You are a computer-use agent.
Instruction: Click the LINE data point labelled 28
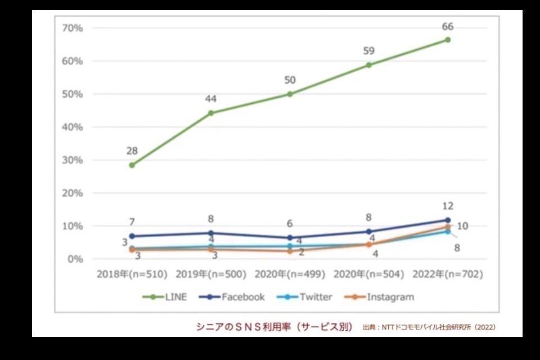pyautogui.click(x=132, y=165)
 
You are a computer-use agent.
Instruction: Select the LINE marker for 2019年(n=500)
pyautogui.click(x=210, y=113)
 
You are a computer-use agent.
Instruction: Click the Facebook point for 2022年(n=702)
pyautogui.click(x=448, y=220)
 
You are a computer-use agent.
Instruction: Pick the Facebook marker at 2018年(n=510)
pyautogui.click(x=132, y=236)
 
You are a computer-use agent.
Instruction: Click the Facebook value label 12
pyautogui.click(x=448, y=206)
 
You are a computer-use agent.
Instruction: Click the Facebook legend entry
pyautogui.click(x=233, y=297)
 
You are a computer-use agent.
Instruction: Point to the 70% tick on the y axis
pyautogui.click(x=72, y=28)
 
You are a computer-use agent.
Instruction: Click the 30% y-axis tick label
pyautogui.click(x=72, y=160)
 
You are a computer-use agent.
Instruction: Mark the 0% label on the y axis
pyautogui.click(x=74, y=259)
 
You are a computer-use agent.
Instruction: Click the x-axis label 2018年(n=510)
pyautogui.click(x=132, y=274)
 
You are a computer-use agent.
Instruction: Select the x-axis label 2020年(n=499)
pyautogui.click(x=290, y=274)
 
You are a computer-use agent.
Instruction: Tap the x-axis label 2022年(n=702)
pyautogui.click(x=448, y=274)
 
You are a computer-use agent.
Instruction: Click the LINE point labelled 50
pyautogui.click(x=290, y=94)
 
